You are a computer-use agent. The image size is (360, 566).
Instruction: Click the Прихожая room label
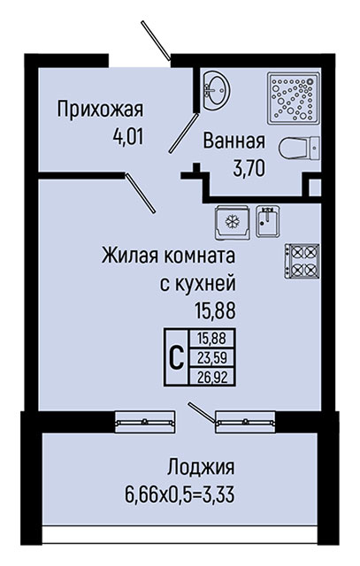100,110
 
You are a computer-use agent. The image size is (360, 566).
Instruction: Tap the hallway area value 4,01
128,137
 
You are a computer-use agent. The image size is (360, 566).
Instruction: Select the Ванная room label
234,141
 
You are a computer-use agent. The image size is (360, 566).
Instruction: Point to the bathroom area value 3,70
249,169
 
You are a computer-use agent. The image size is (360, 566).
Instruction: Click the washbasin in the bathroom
216,90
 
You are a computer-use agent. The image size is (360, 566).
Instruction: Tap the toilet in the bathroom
299,149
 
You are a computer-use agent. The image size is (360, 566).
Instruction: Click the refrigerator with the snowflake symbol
232,222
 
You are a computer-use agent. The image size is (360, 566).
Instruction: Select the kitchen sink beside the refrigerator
267,221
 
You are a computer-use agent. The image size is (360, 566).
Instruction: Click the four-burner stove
302,261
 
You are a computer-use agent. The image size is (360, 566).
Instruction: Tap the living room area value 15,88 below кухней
215,310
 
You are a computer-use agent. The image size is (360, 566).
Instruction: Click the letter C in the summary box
177,357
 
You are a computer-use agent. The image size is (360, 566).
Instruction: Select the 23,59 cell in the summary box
212,357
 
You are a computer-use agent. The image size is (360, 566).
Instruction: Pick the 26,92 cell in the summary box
212,377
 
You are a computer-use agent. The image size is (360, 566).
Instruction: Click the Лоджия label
201,468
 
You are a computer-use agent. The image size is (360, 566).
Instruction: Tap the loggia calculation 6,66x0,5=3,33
180,494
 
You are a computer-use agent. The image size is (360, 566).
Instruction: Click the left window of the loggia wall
145,422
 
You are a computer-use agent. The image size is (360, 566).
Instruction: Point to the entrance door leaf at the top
156,41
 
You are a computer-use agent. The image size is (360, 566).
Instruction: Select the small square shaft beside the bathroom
314,187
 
